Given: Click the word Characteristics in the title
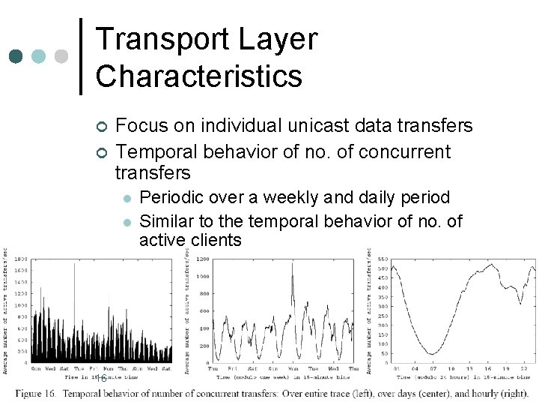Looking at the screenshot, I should (x=199, y=76).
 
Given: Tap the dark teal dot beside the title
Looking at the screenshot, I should (x=16, y=57).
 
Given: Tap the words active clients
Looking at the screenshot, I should (x=190, y=241).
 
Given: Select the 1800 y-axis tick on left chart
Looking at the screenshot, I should (x=20, y=259).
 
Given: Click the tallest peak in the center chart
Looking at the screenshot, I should (x=292, y=265).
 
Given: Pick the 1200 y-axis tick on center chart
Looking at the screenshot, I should (x=203, y=259).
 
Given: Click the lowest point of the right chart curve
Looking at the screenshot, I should (x=432, y=353).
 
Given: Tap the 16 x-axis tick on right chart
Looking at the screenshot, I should (x=487, y=368).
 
